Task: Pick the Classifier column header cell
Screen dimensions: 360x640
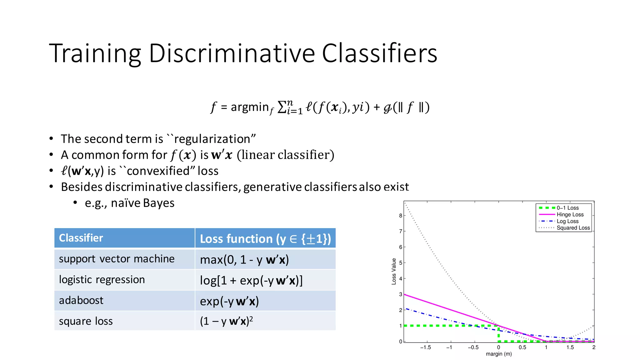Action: coord(124,238)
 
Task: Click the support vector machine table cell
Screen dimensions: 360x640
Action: coord(117,259)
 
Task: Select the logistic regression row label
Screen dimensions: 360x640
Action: coord(102,279)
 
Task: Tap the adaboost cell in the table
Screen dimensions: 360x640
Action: coord(81,300)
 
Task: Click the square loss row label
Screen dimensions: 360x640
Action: coord(86,321)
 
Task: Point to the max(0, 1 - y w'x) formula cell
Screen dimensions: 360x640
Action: coord(244,260)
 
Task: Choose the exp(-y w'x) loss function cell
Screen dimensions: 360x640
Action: coord(229,301)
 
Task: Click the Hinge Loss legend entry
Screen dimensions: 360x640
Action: coord(570,215)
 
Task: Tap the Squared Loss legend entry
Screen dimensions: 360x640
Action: coord(573,228)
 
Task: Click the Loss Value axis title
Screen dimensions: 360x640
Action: coord(394,271)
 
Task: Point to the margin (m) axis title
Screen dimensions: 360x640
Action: coord(499,354)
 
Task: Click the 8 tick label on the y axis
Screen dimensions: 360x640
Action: coord(400,216)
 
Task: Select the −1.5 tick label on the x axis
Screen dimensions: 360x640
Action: coord(425,347)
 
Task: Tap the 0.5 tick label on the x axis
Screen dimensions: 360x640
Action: coord(522,347)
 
